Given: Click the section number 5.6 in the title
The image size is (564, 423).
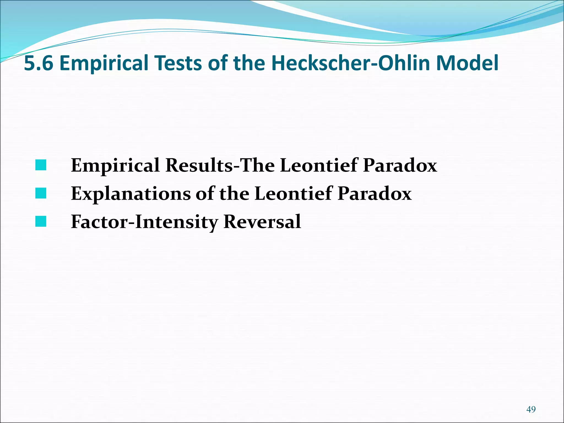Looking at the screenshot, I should [x=39, y=63].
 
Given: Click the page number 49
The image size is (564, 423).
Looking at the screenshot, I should [x=531, y=410].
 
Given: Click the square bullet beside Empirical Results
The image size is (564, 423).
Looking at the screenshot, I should [x=41, y=165].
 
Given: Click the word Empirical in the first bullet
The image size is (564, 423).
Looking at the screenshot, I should [x=115, y=166].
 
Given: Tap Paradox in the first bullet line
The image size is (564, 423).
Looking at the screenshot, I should [x=400, y=165].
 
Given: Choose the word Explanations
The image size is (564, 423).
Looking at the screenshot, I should [x=131, y=194].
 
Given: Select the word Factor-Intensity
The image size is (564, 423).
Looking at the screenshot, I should [x=145, y=222].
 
